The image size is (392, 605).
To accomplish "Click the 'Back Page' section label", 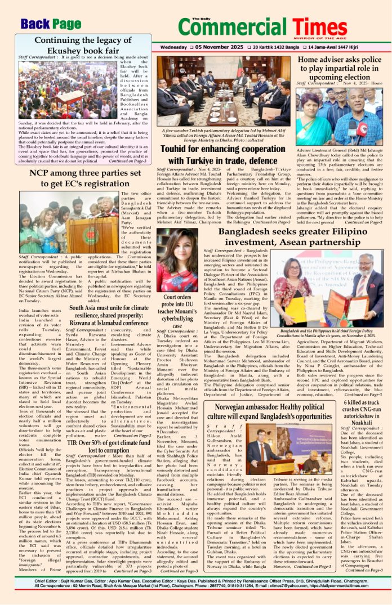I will (x=50, y=24).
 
